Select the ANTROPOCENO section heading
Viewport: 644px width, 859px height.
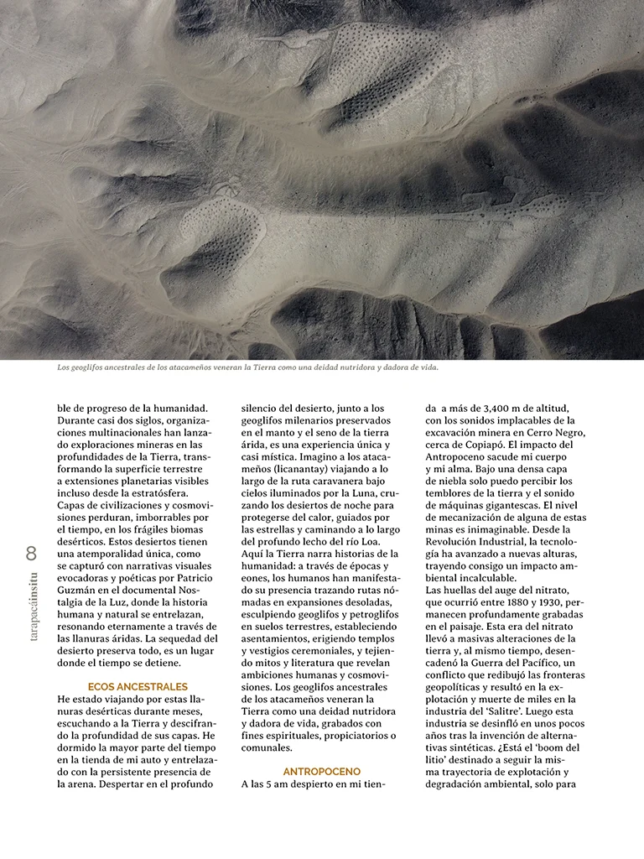[321, 771]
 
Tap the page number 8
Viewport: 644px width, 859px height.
[32, 553]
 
